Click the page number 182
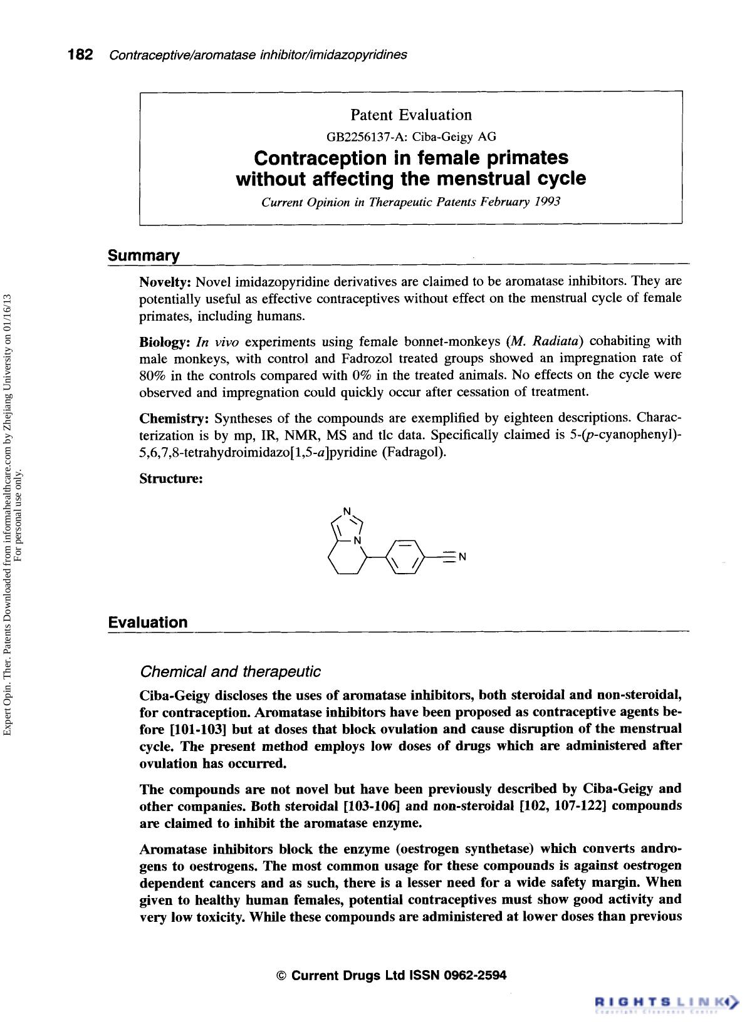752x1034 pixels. click(81, 54)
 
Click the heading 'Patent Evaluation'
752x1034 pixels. click(410, 115)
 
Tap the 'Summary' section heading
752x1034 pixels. click(144, 256)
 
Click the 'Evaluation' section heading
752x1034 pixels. click(148, 622)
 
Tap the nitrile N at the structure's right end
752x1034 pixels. click(462, 557)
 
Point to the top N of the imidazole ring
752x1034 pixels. click(348, 509)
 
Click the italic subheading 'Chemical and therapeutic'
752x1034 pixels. click(230, 672)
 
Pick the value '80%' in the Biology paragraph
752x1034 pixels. click(152, 376)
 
